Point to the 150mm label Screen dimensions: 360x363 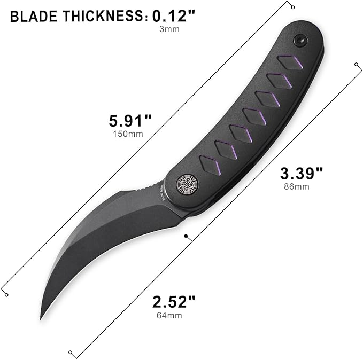pyautogui.click(x=128, y=134)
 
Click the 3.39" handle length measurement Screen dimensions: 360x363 pyautogui.click(x=302, y=173)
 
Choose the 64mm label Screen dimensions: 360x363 pyautogui.click(x=170, y=316)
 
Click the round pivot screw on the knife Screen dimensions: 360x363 pyautogui.click(x=186, y=184)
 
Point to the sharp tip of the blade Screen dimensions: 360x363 pyautogui.click(x=42, y=319)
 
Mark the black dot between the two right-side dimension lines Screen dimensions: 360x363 pyautogui.click(x=186, y=235)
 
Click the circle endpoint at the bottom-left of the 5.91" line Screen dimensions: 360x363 pyautogui.click(x=5, y=294)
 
